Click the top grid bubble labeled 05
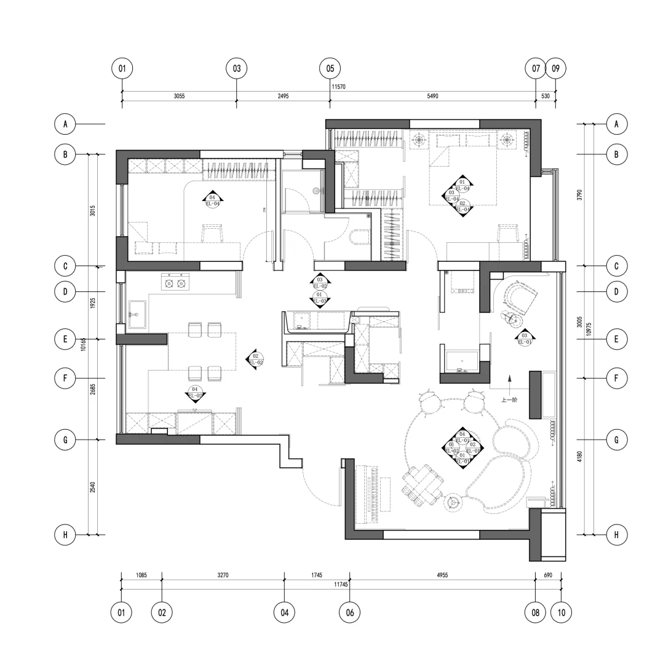pos(330,68)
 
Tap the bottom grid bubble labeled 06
pos(349,612)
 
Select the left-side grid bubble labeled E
pos(65,339)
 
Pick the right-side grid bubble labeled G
pos(616,440)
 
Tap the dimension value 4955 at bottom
pos(442,575)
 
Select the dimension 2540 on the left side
pos(92,487)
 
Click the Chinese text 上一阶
pos(509,399)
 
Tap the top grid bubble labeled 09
pos(555,68)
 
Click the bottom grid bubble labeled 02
pos(162,612)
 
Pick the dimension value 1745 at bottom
pos(317,575)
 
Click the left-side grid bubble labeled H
pos(65,535)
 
